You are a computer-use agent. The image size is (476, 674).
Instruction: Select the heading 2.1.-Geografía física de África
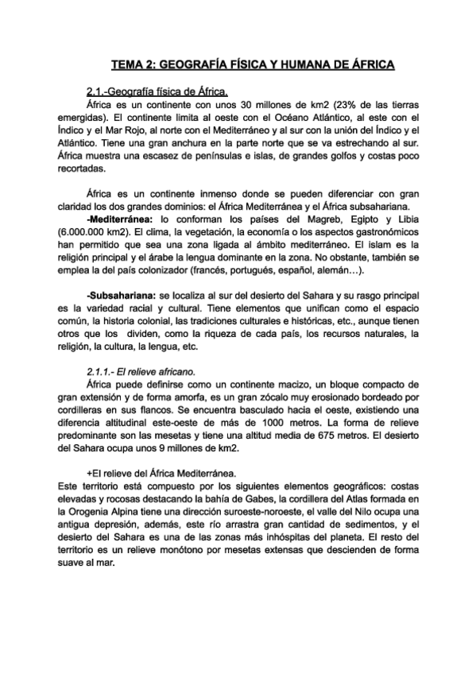pos(157,91)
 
